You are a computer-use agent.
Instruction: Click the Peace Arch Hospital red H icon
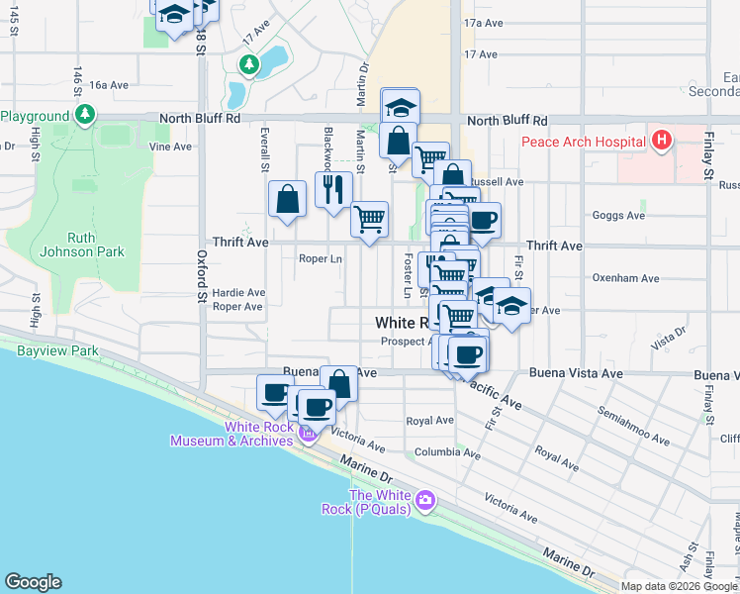662,142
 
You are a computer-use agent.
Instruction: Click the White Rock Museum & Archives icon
308,434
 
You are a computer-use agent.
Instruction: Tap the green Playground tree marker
86,115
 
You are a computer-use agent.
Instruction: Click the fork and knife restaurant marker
333,190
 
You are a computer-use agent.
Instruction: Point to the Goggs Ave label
617,215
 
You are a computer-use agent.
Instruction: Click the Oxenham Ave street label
624,279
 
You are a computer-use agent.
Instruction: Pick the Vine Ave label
169,147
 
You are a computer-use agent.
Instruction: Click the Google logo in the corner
33,582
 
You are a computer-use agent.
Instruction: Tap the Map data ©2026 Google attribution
679,586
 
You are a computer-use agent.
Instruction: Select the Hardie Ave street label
238,293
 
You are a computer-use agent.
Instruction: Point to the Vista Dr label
668,341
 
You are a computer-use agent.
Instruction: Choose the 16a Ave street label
109,85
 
